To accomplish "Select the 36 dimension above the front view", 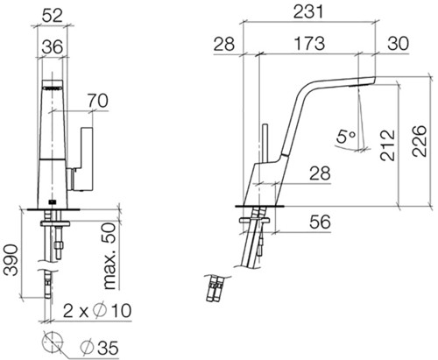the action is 52,46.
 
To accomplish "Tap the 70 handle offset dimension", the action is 98,101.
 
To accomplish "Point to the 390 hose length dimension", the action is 11,260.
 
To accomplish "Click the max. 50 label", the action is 110,256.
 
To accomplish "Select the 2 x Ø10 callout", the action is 97,310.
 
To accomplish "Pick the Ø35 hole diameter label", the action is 99,348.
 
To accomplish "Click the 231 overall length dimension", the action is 308,12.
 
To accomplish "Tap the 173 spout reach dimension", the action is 309,44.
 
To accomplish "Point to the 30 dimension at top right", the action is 399,44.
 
